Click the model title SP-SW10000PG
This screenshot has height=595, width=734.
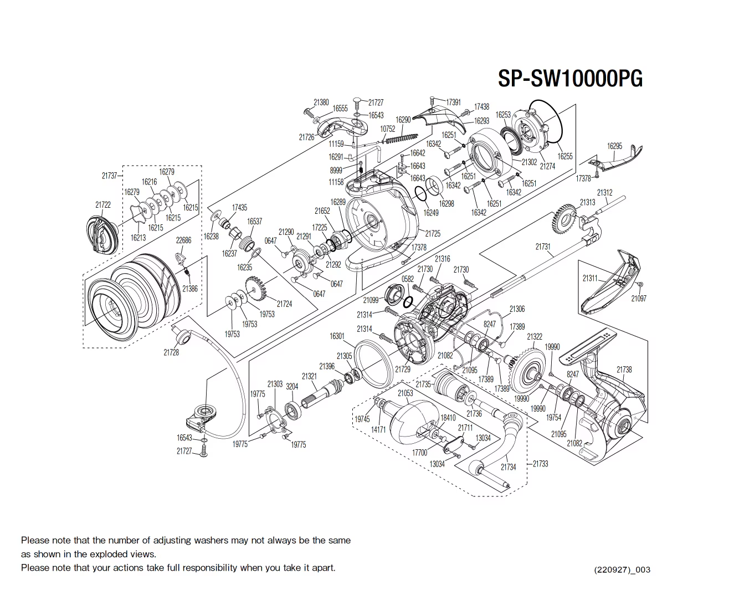pos(570,78)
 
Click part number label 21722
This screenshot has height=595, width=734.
pos(102,204)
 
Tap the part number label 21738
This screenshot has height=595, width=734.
pos(624,370)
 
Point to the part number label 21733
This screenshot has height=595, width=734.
pos(540,463)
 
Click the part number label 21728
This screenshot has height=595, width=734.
pos(171,352)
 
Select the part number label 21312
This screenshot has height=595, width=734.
pos(604,192)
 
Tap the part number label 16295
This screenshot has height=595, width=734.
pos(614,146)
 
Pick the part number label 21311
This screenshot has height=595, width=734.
pos(590,278)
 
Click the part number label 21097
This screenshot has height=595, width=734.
pos(638,298)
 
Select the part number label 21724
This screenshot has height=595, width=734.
pos(284,304)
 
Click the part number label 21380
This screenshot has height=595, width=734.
pos(321,102)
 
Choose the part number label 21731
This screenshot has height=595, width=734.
pos(543,247)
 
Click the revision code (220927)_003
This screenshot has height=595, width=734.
pos(622,570)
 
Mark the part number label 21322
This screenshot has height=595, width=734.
pos(535,336)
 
